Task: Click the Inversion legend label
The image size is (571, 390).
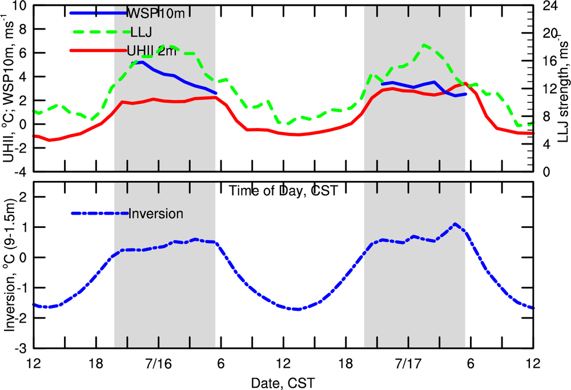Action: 156,214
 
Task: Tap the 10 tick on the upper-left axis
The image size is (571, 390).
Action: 20,6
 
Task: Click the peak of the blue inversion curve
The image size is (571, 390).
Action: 455,224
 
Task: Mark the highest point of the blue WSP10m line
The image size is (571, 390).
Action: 140,62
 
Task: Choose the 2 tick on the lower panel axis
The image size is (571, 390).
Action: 23,196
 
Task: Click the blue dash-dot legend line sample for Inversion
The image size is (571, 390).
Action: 100,214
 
